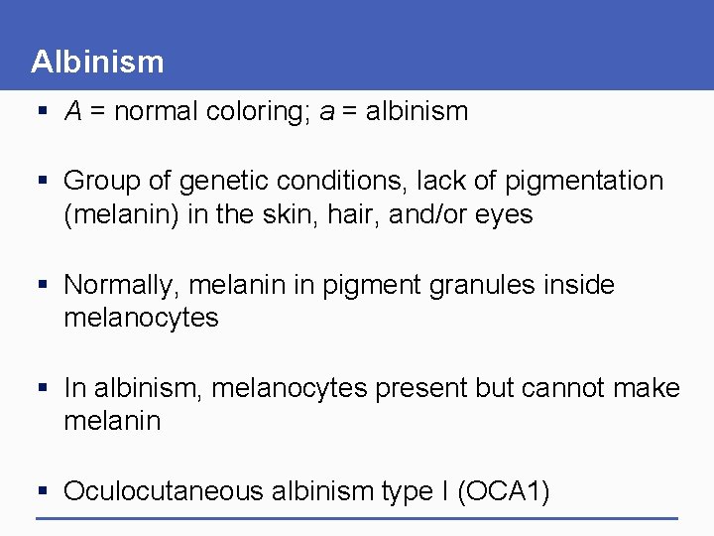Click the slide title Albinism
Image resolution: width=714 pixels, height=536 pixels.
(x=97, y=62)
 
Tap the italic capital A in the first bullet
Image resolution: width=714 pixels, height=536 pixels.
(x=72, y=111)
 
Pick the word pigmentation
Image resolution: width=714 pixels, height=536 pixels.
(x=584, y=181)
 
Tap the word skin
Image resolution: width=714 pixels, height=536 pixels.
(x=288, y=214)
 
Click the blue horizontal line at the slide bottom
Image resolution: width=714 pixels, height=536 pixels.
(x=357, y=518)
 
